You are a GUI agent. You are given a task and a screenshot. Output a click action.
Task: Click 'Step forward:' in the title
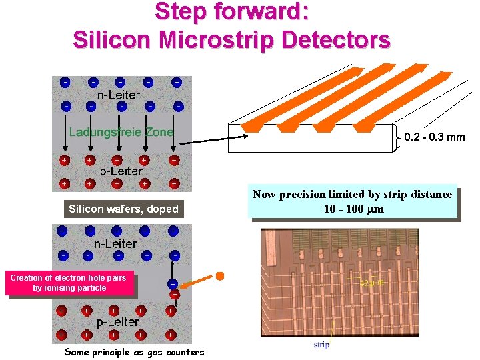pyautogui.click(x=231, y=11)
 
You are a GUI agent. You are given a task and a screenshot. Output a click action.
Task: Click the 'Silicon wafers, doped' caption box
pyautogui.click(x=123, y=209)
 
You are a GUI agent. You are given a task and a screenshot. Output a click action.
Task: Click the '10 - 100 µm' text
pyautogui.click(x=353, y=209)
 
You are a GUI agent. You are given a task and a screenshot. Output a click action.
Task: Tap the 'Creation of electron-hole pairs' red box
pyautogui.click(x=68, y=282)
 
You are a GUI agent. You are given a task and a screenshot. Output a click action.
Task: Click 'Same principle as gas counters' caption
pyautogui.click(x=134, y=351)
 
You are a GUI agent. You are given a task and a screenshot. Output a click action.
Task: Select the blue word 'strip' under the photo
pyautogui.click(x=321, y=345)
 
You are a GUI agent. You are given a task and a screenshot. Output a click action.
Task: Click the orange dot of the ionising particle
pyautogui.click(x=219, y=275)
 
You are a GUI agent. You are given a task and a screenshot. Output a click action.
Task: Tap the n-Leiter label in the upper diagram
pyautogui.click(x=119, y=95)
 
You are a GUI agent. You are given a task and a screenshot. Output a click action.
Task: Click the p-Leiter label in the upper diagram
pyautogui.click(x=121, y=171)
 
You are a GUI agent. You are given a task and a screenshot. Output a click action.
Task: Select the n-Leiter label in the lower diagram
pyautogui.click(x=115, y=243)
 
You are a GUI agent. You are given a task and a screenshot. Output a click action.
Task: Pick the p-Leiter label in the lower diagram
pyautogui.click(x=118, y=322)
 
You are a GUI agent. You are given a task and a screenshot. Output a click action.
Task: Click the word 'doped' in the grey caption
pyautogui.click(x=163, y=209)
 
